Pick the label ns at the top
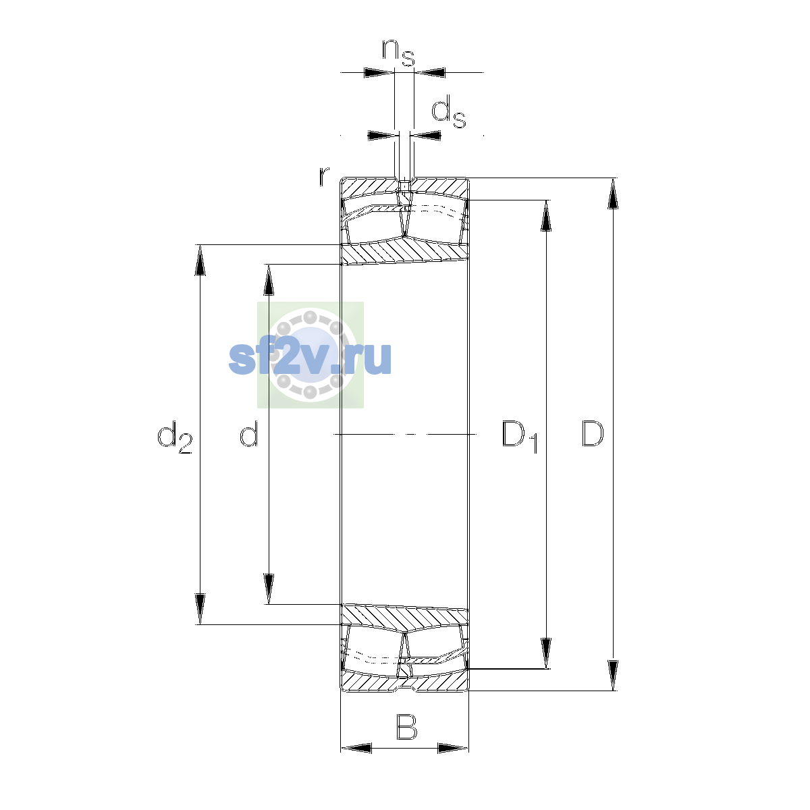[398, 53]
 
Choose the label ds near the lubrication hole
[449, 111]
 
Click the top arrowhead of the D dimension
[613, 193]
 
